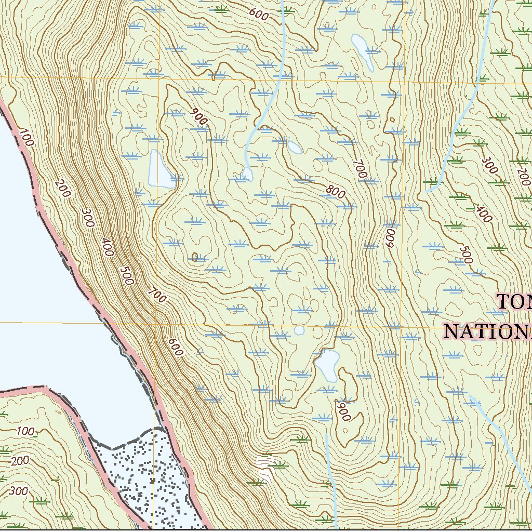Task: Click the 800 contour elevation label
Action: click(335, 192)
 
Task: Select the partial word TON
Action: click(514, 301)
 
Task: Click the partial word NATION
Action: click(487, 331)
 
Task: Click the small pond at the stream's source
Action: click(247, 174)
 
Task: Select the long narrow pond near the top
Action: click(362, 52)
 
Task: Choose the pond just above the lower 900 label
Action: click(327, 365)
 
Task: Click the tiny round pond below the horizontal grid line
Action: click(299, 330)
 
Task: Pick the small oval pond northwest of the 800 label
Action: click(295, 148)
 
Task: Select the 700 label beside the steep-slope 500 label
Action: click(156, 295)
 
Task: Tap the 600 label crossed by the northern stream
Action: click(259, 15)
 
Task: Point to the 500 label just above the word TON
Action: click(467, 255)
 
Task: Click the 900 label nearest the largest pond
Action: click(198, 117)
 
